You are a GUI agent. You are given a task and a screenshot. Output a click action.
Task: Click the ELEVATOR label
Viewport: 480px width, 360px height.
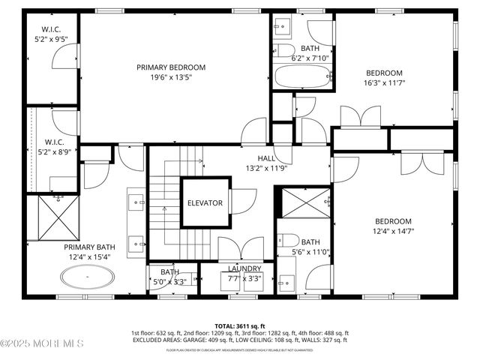[x=205, y=202]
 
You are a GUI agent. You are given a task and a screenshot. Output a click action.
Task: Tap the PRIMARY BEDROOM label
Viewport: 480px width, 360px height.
[x=170, y=67]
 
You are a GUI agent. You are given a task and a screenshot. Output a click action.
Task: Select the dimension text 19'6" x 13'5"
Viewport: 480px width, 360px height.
[x=170, y=77]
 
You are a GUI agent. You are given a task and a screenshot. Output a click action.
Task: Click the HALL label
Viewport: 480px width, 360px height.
[x=266, y=158]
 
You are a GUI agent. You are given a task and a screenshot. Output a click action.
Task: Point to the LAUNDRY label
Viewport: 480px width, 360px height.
[x=244, y=268]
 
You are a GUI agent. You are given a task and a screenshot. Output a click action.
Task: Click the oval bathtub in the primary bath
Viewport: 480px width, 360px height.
[x=88, y=280]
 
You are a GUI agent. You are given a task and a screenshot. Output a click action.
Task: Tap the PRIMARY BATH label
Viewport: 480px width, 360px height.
[x=88, y=247]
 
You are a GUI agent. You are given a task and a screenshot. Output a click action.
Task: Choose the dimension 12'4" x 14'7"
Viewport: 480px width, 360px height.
[x=393, y=231]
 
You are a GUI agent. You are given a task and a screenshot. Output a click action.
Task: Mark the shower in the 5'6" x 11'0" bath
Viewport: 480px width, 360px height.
[x=304, y=201]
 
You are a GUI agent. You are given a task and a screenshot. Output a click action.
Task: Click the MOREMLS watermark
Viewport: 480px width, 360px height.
[x=42, y=343]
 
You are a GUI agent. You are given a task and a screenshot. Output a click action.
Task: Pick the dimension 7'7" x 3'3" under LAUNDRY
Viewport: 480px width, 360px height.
[x=244, y=278]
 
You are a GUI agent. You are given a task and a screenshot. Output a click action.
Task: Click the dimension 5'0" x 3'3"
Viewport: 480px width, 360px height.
[x=169, y=282]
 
